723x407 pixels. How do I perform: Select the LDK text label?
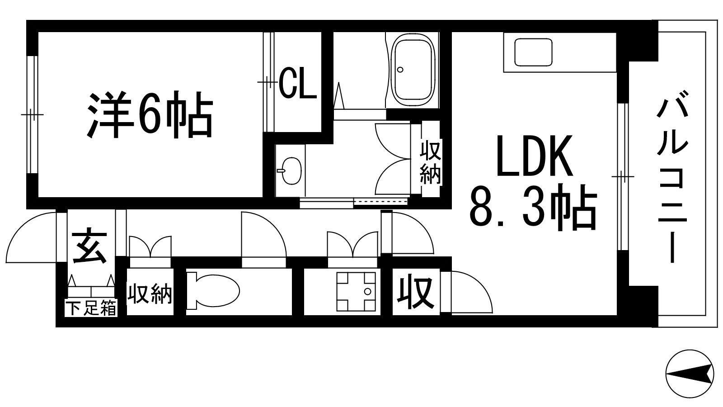tap(535, 156)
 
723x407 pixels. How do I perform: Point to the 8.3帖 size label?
tap(533, 206)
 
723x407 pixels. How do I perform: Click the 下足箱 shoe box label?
tap(91, 309)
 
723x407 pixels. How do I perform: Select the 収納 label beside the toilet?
tap(150, 294)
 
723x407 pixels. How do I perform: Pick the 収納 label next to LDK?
tap(430, 162)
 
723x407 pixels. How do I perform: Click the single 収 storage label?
tap(415, 292)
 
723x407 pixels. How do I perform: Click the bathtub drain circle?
tap(400, 70)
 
